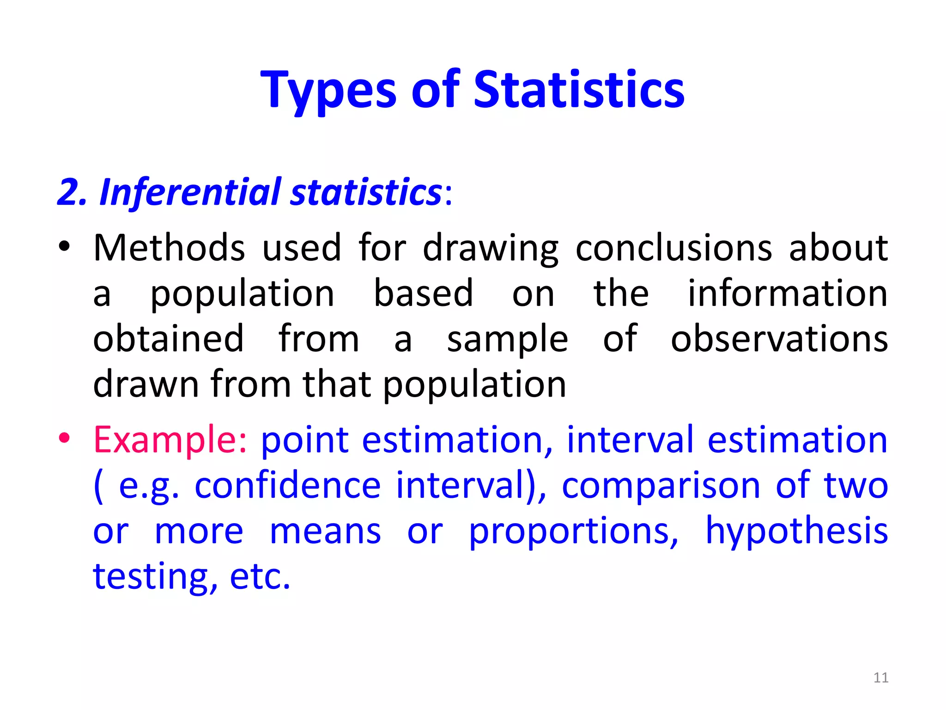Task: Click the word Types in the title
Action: click(328, 90)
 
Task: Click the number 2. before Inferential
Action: click(72, 192)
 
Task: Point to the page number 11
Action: click(881, 678)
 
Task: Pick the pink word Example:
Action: click(170, 440)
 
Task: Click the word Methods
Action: click(169, 248)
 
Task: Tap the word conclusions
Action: click(674, 248)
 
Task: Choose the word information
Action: click(788, 294)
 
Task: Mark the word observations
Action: click(779, 339)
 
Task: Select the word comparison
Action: click(661, 486)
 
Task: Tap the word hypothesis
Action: click(797, 532)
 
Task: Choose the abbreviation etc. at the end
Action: click(260, 577)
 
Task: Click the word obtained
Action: click(169, 339)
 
